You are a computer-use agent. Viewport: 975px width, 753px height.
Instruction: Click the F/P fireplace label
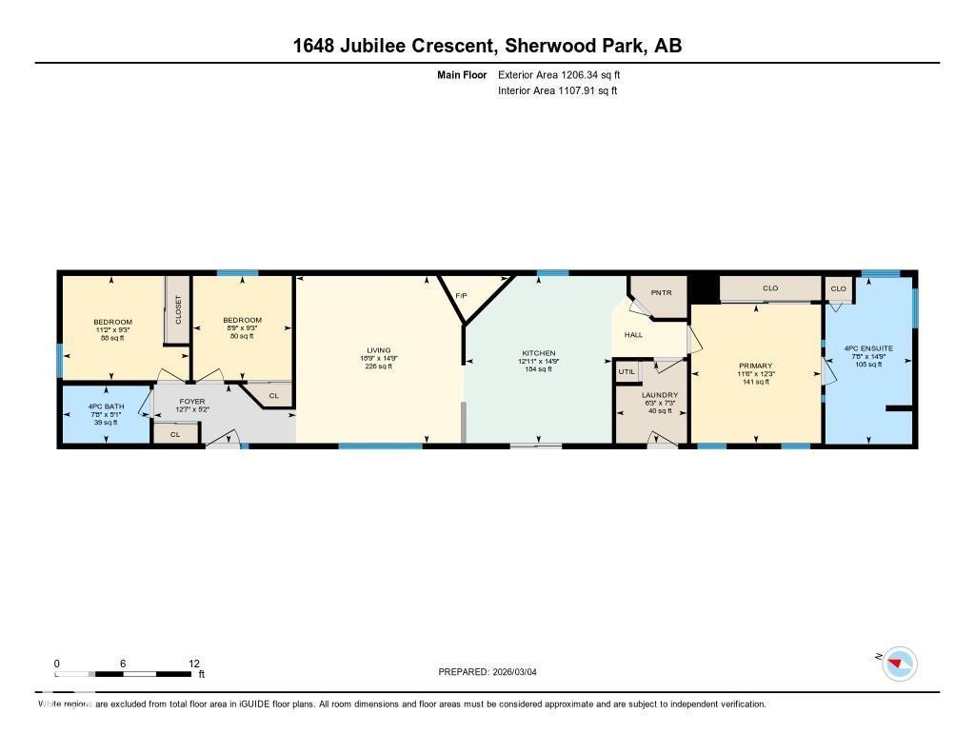461,296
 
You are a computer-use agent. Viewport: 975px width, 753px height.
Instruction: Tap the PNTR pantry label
662,292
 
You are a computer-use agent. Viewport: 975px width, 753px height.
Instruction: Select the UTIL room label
627,371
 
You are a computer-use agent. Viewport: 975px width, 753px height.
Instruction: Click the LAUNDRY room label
659,394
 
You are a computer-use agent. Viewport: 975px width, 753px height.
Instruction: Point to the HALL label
633,335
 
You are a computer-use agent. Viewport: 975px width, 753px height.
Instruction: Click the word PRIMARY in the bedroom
755,366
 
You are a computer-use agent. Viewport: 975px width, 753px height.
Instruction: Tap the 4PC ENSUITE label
868,348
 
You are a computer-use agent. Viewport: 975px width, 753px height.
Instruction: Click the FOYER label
192,402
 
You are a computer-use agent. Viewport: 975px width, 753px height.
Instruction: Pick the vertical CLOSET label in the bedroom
177,309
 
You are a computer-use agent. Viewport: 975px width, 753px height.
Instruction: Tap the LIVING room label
378,350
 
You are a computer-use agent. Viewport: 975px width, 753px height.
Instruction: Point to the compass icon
899,663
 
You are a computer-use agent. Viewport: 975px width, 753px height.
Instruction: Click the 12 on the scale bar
194,664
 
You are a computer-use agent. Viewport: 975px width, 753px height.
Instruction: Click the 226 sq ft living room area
378,367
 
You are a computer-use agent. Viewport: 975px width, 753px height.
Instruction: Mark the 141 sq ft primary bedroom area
755,383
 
